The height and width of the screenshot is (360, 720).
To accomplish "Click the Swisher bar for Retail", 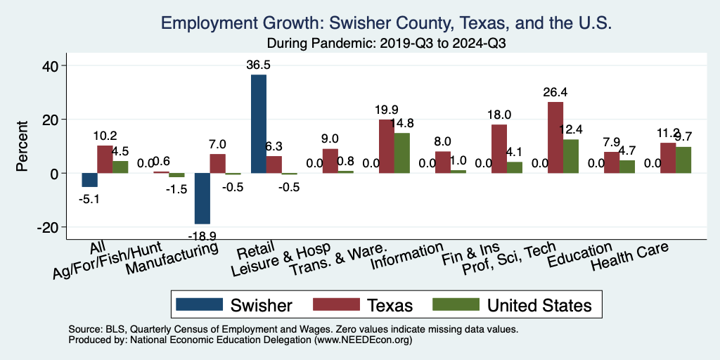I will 259,124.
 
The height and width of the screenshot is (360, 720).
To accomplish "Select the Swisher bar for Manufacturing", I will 202,198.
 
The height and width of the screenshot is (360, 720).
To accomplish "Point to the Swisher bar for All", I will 90,180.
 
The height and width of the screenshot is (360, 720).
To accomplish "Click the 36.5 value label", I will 259,65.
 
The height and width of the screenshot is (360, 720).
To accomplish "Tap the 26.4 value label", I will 555,92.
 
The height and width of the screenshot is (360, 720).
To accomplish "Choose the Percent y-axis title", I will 22,146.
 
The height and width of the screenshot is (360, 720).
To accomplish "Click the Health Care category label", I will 629,257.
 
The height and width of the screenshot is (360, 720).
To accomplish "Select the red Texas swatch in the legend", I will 339,304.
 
